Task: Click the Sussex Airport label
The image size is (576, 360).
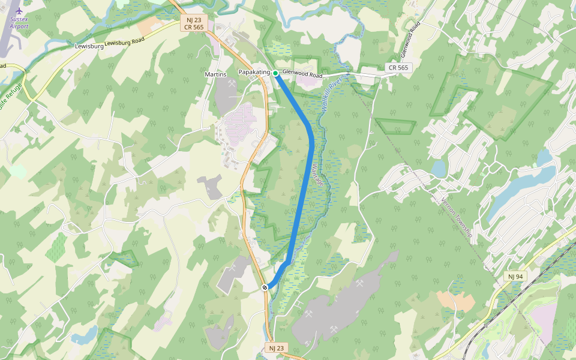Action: (x=19, y=23)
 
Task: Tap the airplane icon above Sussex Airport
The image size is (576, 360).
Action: (x=19, y=11)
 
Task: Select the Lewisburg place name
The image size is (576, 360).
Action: (x=89, y=46)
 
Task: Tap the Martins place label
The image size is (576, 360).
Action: (x=215, y=74)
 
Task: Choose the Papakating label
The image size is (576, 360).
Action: (x=254, y=73)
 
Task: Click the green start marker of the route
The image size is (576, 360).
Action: (x=275, y=73)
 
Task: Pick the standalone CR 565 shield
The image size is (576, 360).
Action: (x=398, y=68)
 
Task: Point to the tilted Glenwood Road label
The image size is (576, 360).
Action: (x=409, y=37)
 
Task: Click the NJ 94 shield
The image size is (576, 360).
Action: (x=515, y=276)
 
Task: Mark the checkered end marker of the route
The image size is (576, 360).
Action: (x=265, y=287)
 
